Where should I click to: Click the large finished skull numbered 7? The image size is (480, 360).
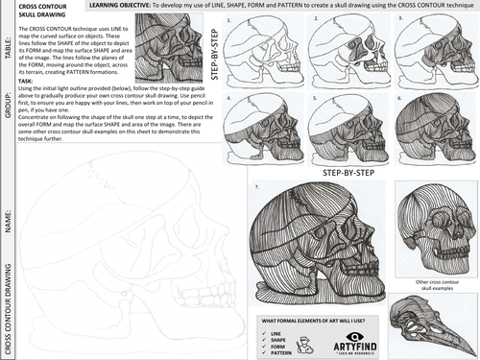tap(317, 240)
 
